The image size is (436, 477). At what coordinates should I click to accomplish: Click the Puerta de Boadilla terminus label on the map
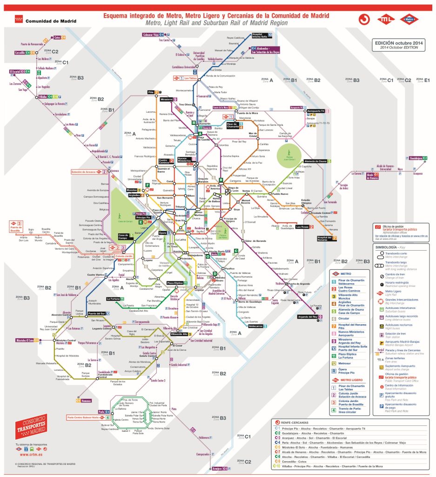pos(16,228)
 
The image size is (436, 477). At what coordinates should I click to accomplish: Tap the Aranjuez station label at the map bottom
pos(217,468)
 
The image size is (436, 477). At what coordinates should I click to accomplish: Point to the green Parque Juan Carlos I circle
pos(289,154)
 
